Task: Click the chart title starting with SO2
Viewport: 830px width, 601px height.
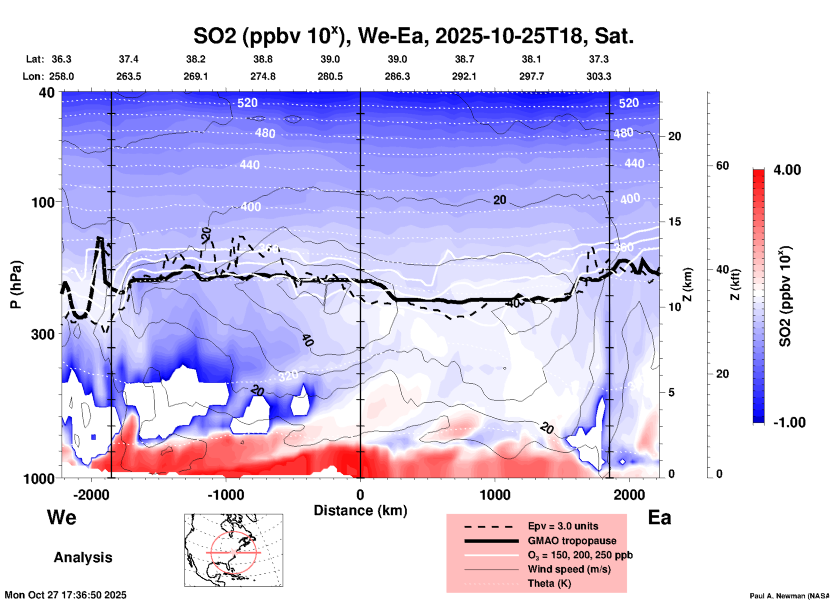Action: [x=413, y=36]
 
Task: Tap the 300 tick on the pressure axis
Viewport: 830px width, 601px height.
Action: [x=43, y=334]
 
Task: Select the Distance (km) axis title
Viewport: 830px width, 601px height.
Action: [x=360, y=510]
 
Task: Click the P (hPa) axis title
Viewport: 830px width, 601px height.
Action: [x=16, y=285]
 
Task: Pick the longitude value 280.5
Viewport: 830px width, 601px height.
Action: [x=331, y=76]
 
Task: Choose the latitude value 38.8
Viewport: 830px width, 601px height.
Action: [x=263, y=59]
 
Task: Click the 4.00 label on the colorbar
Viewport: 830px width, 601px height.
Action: [x=787, y=170]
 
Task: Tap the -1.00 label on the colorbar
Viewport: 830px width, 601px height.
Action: [x=789, y=422]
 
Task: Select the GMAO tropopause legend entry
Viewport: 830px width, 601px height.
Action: [x=572, y=541]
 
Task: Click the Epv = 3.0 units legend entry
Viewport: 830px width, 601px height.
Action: [x=563, y=526]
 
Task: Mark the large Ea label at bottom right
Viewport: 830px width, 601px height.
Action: [x=659, y=518]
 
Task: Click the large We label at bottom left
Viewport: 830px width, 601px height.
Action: [x=62, y=517]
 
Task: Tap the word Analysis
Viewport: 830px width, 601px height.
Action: [x=83, y=557]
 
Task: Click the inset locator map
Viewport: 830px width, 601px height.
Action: [x=234, y=550]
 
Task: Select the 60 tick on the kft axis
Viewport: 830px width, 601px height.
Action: [x=722, y=166]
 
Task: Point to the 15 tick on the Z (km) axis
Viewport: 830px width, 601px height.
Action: [x=674, y=222]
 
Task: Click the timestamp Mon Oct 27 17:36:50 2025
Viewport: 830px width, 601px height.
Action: [x=66, y=595]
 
